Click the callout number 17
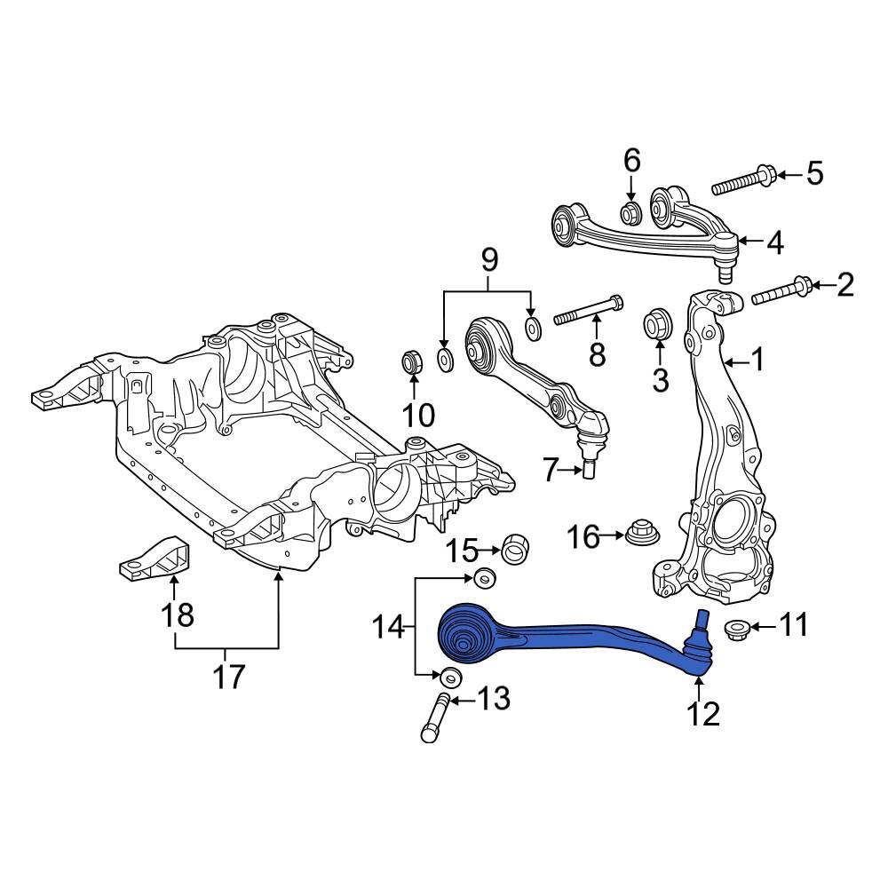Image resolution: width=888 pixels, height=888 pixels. [227, 678]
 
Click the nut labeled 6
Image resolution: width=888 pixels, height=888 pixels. [631, 213]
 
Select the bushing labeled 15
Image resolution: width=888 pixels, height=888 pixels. [516, 549]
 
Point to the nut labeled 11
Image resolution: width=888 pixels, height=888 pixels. [735, 629]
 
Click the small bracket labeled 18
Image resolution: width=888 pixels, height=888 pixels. [155, 559]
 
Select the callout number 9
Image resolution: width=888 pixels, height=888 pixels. [488, 260]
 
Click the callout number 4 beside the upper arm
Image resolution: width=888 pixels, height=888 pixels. [775, 242]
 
